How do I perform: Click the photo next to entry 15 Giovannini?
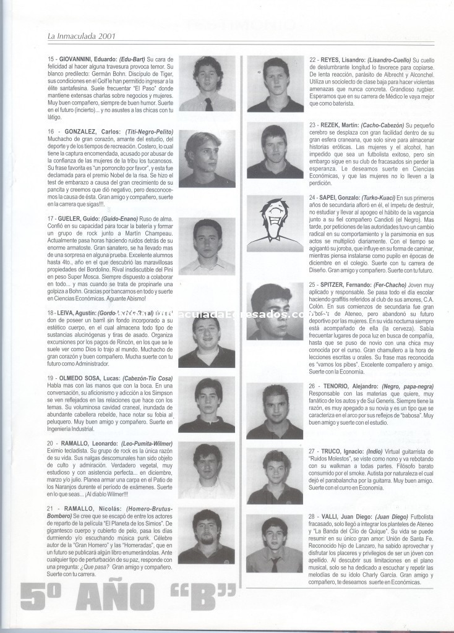[x=207, y=83]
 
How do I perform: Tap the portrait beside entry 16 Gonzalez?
[x=207, y=159]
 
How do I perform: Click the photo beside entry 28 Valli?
[x=274, y=544]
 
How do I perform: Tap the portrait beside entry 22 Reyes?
[x=274, y=83]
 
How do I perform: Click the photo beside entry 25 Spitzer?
[x=274, y=311]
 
